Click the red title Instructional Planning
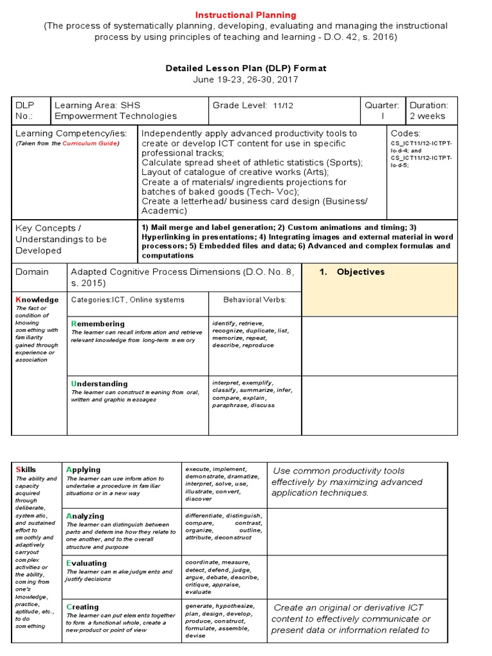tap(246, 15)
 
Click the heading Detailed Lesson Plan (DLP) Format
tap(246, 69)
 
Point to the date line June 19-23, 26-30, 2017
tap(246, 79)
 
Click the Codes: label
tap(406, 133)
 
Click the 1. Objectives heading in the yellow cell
tap(352, 272)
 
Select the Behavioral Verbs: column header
tap(254, 300)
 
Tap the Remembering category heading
tap(98, 324)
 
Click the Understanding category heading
tap(99, 384)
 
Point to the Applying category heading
tap(83, 470)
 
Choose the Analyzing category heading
tap(85, 516)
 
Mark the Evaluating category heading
tap(86, 562)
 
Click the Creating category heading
tap(83, 607)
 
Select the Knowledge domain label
tap(37, 299)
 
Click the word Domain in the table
tap(32, 272)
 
